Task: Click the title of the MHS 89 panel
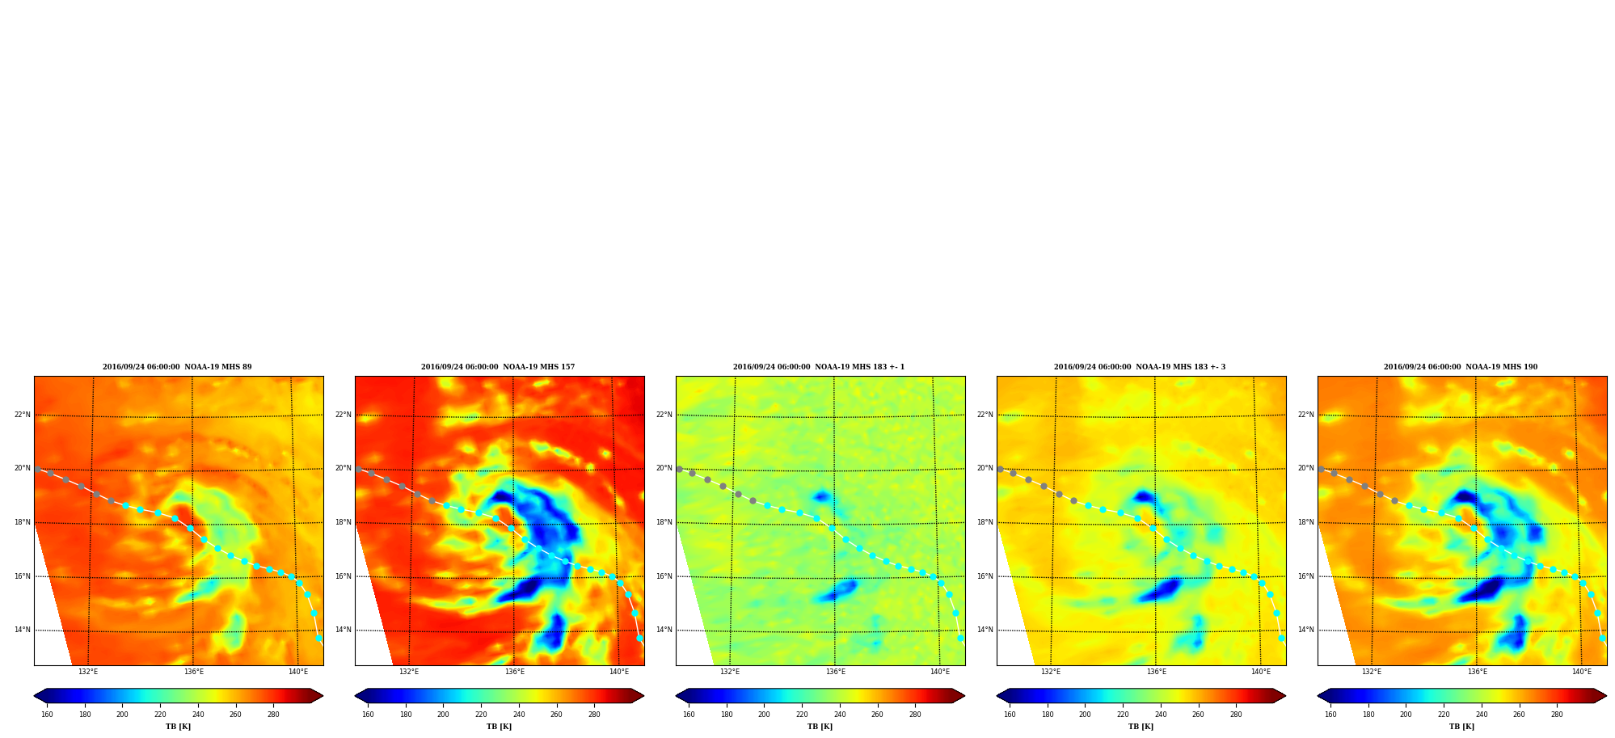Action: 177,367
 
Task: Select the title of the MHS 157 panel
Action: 498,367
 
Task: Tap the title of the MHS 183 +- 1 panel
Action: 819,367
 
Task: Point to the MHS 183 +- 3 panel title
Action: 1140,367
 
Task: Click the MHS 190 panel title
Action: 1461,367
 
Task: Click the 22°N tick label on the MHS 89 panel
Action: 22,415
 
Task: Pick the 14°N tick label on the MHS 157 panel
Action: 343,630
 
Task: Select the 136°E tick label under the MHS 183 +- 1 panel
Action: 835,672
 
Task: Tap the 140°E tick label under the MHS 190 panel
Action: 1582,672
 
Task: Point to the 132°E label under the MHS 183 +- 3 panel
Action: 1051,672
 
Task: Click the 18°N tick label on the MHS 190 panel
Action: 1305,522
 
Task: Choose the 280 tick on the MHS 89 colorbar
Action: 273,715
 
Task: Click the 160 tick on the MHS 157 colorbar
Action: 368,715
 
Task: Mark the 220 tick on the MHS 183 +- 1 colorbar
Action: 802,715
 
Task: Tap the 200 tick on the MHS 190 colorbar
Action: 1406,715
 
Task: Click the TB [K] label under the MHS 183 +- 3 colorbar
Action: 1141,727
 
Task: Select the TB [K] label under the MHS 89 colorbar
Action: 178,727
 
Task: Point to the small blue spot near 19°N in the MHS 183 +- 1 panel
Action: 822,496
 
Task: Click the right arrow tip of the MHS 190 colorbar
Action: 1606,696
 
